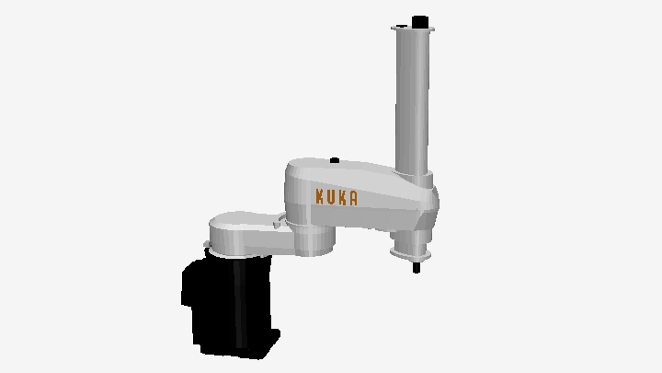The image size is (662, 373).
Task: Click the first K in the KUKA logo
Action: point(320,196)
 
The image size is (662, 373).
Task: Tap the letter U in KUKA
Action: point(331,197)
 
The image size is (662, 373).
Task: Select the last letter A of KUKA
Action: point(353,199)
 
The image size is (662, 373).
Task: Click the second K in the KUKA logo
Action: point(342,198)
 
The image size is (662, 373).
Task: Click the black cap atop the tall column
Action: point(419,21)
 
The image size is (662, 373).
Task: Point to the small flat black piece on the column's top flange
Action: point(401,26)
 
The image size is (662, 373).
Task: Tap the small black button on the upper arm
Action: point(335,160)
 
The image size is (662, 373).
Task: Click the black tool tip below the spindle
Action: point(417,268)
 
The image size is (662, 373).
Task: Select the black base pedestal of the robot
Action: point(230,305)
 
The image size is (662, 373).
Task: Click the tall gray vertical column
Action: point(412,101)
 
